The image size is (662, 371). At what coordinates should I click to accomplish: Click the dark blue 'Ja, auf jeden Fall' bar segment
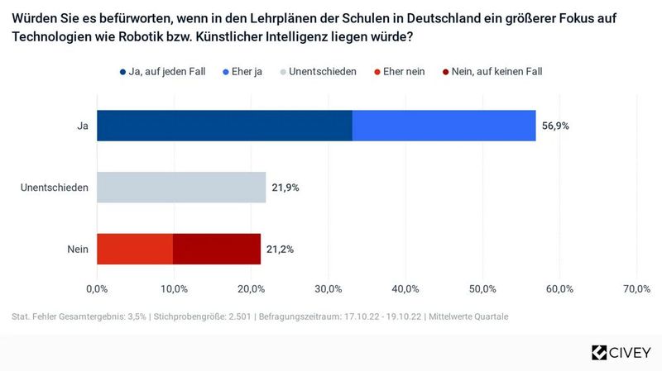(x=224, y=126)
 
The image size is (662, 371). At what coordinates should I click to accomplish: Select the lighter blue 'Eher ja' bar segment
(x=444, y=126)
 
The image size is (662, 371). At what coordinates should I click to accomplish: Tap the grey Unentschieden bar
(x=181, y=188)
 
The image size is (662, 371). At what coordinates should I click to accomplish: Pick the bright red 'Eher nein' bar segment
(x=135, y=249)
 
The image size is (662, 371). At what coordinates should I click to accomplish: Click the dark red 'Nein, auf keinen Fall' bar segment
(x=216, y=249)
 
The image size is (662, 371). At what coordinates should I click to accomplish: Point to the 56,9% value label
(x=555, y=126)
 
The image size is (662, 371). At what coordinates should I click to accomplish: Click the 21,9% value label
(x=285, y=188)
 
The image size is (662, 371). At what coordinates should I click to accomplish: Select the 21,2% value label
(x=280, y=249)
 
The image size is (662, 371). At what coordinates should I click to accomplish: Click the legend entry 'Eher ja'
(x=241, y=72)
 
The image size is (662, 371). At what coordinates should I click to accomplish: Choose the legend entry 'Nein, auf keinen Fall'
(x=492, y=72)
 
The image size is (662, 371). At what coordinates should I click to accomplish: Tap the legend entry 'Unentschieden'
(x=323, y=72)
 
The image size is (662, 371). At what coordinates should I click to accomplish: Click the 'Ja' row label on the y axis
(x=82, y=126)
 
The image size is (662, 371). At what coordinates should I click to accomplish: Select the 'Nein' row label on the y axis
(x=79, y=249)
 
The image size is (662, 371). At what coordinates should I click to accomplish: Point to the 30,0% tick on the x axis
(x=329, y=288)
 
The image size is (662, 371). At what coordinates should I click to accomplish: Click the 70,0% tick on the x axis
(x=636, y=288)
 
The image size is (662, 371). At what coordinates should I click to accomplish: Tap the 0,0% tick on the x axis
(x=97, y=288)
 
